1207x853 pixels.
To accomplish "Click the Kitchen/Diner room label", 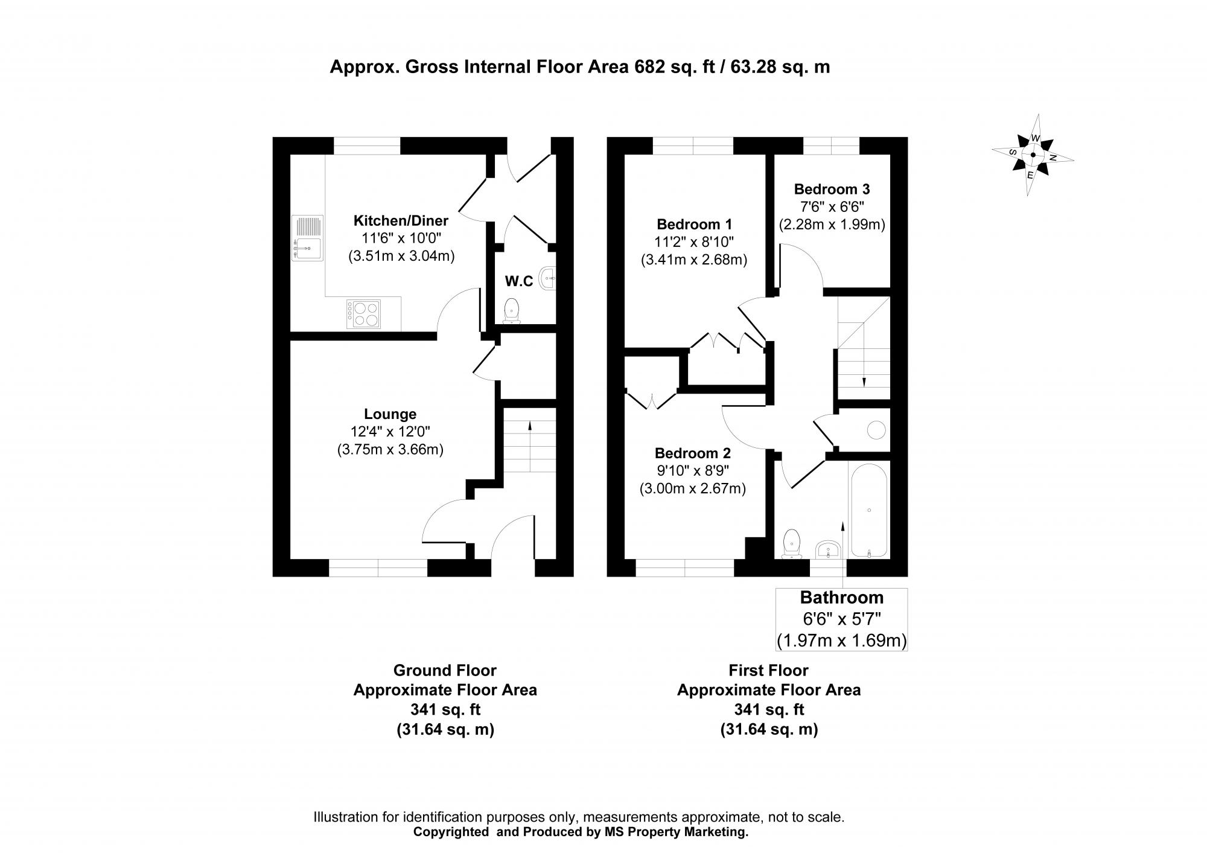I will pos(401,220).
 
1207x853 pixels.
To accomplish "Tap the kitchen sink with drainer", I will pos(308,238).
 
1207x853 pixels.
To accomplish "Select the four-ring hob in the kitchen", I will pos(363,314).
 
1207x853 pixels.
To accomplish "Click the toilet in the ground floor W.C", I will pos(512,310).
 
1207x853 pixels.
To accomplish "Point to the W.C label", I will pos(518,281).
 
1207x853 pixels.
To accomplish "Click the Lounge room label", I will pos(390,414).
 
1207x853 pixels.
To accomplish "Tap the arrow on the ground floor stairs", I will pos(530,426).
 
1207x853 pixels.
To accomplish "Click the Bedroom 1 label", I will pos(693,225).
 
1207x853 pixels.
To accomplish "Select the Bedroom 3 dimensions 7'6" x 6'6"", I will pos(832,206).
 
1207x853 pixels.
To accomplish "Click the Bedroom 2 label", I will pos(692,453).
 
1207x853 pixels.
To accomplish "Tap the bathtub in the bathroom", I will pos(868,510).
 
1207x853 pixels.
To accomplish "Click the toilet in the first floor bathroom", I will pos(791,543).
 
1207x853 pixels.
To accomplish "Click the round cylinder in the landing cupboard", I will pos(876,430).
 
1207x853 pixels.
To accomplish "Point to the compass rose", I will pos(1033,155).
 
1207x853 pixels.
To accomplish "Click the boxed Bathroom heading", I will pos(841,598).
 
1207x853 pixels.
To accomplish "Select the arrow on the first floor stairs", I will pos(864,381).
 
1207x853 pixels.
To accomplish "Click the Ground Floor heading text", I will pos(445,671).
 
